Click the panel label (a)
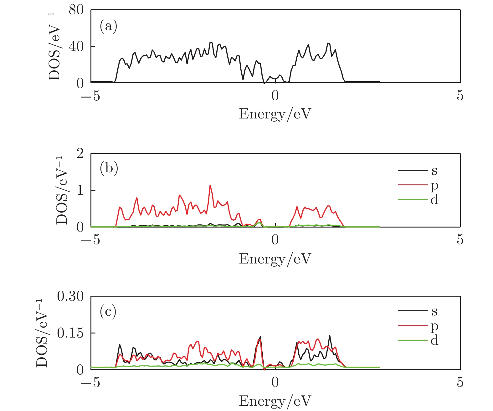108,26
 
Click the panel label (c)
108,311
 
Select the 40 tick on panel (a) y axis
76,47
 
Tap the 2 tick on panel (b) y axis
80,153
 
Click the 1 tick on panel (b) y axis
80,190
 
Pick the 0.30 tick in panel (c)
70,296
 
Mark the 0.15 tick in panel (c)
70,333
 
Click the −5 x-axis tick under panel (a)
90,96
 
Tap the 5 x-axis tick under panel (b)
460,240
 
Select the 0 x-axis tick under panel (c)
275,383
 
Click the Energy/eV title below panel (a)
275,114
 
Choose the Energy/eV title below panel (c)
275,401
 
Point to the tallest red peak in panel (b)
210,185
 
